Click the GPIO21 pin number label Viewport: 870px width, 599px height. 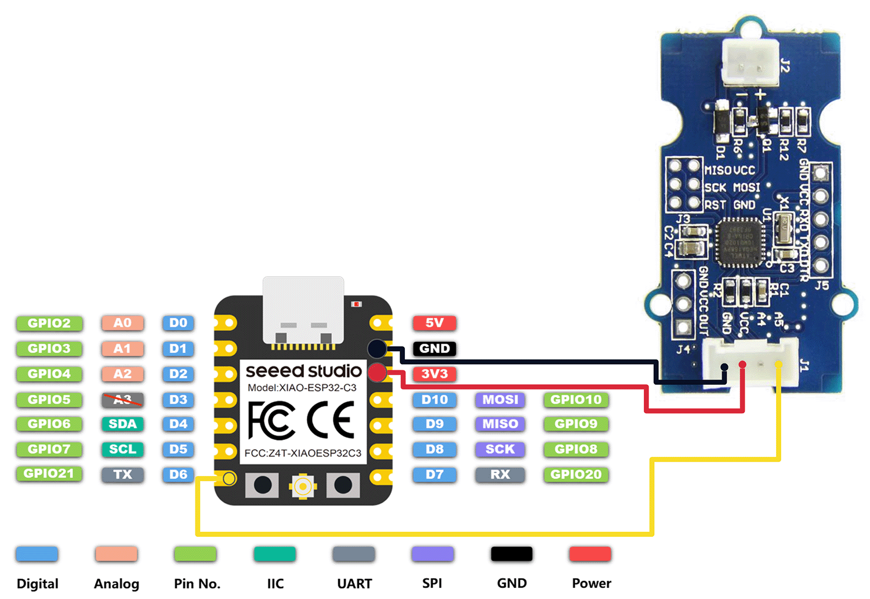pos(49,474)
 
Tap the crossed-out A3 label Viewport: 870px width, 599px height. pos(122,399)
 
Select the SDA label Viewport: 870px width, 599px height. pos(122,424)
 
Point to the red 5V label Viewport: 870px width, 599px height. pos(434,323)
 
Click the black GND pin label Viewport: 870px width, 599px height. pos(434,348)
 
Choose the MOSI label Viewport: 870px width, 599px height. pos(500,399)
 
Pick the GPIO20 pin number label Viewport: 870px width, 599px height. pos(576,474)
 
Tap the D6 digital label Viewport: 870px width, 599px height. pos(178,474)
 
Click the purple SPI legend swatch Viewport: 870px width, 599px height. pos(432,554)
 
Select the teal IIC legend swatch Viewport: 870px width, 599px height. pos(274,554)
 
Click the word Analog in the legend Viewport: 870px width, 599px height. pos(117,583)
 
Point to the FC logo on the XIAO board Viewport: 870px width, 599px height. pos(271,420)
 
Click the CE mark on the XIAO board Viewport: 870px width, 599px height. pos(331,420)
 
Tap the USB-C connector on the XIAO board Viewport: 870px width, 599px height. pos(303,311)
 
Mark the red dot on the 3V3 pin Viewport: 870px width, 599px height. pos(378,373)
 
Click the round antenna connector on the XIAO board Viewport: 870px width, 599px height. pos(303,486)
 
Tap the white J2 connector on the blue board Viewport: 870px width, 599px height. pos(750,63)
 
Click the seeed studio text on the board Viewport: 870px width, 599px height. pos(303,371)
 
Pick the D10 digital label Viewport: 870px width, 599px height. pos(434,399)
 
